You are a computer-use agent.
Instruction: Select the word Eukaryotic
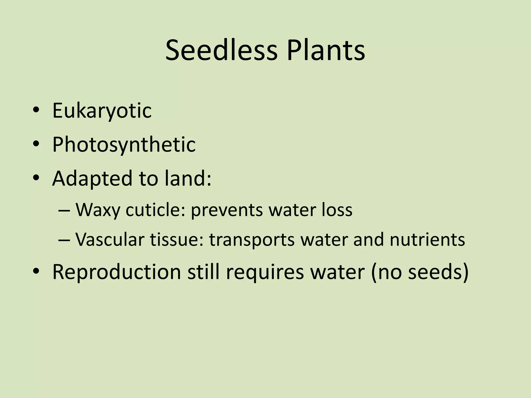[x=102, y=111]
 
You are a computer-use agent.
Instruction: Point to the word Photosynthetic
[x=124, y=145]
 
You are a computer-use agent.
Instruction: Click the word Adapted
[x=92, y=179]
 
